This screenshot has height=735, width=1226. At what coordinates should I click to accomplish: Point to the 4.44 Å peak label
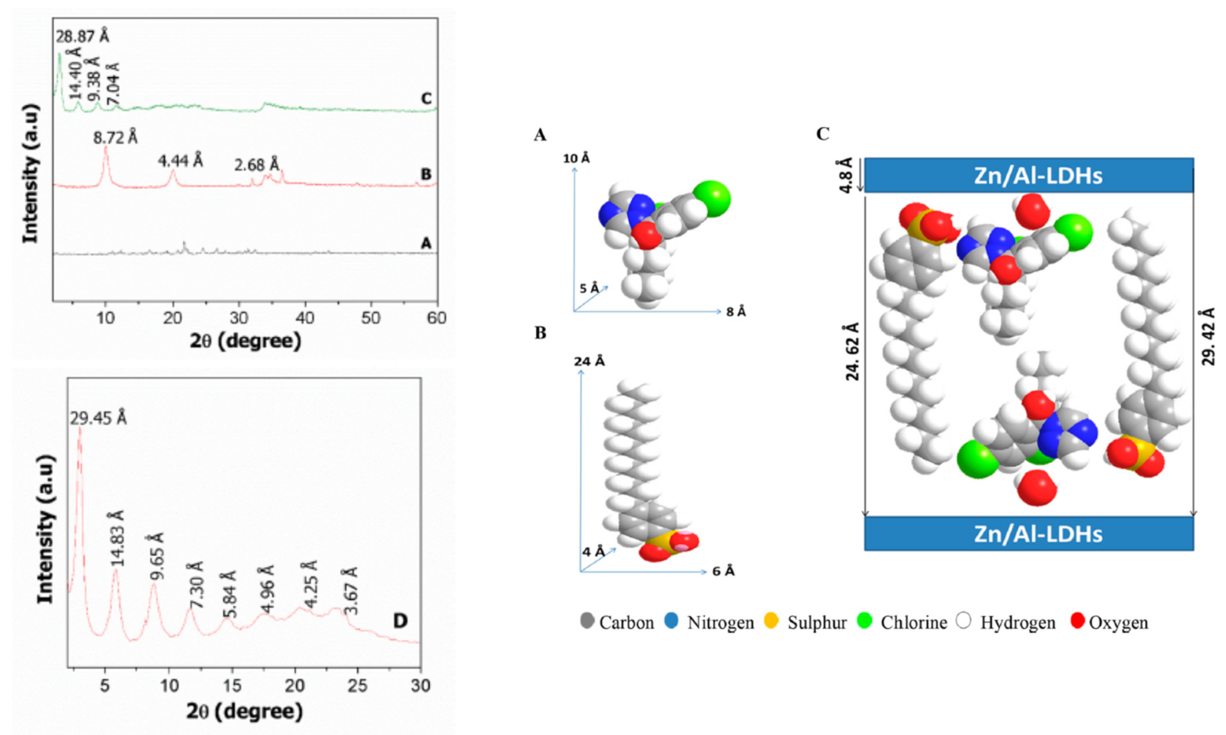[x=180, y=161]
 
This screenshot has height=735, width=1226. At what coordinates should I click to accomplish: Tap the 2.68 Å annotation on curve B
[x=256, y=164]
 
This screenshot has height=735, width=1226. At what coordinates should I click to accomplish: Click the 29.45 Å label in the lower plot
[x=98, y=418]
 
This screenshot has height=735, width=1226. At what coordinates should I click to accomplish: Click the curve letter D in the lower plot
[x=400, y=621]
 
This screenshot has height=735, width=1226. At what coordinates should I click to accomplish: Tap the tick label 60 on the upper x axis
[x=436, y=318]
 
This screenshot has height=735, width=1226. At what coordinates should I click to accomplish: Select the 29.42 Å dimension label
[x=1208, y=336]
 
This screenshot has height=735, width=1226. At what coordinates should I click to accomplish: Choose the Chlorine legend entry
[x=904, y=622]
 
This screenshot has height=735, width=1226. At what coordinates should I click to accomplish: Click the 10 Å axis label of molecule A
[x=577, y=158]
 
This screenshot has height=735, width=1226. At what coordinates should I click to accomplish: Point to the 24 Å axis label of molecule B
[x=589, y=361]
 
